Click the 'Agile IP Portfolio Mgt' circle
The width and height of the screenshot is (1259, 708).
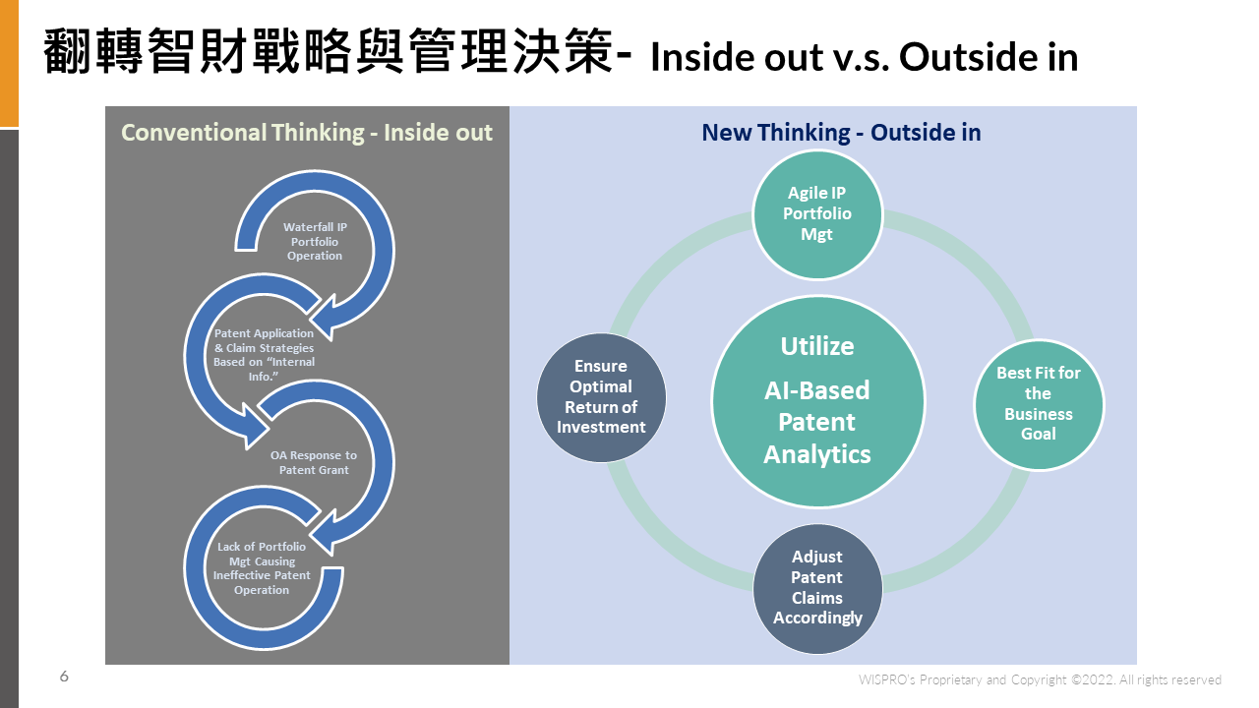(x=817, y=214)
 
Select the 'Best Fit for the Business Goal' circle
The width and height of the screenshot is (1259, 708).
(x=1038, y=404)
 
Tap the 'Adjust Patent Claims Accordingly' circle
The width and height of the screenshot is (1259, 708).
(x=817, y=588)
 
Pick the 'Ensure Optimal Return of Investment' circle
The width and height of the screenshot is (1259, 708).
(x=601, y=397)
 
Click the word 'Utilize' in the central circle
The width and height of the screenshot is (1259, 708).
(x=817, y=346)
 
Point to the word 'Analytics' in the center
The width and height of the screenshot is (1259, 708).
(x=817, y=454)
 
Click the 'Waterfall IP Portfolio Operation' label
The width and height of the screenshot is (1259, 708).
(x=315, y=241)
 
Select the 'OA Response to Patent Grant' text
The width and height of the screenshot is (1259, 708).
(x=314, y=462)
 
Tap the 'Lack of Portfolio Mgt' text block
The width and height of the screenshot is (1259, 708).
(x=262, y=568)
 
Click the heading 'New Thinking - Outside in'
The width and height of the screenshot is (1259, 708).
(x=841, y=133)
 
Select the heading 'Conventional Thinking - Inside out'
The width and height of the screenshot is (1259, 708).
(x=307, y=133)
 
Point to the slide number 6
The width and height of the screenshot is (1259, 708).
(x=64, y=676)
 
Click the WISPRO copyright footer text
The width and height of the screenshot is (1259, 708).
(x=1040, y=679)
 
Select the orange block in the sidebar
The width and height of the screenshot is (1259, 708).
(x=9, y=64)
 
